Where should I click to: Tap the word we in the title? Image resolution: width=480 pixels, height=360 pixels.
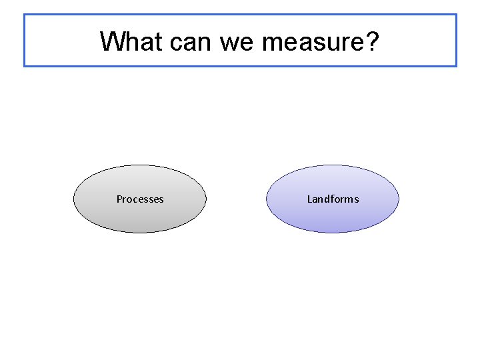237,41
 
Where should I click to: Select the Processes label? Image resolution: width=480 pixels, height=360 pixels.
140,199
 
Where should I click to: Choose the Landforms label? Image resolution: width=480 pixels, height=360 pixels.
333,199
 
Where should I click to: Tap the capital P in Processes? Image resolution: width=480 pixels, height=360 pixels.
119,199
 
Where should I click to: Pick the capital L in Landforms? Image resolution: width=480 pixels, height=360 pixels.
309,199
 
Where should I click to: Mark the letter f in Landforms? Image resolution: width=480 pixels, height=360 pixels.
331,199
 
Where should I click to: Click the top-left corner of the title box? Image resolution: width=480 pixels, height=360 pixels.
25,15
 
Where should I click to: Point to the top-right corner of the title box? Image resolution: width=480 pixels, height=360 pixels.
457,15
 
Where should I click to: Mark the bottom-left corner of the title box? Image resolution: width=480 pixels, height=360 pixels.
25,66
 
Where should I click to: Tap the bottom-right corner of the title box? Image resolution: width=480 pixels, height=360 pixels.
457,66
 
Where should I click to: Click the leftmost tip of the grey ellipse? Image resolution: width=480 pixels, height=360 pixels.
73,199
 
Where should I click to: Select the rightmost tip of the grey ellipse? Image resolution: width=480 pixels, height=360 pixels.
207,199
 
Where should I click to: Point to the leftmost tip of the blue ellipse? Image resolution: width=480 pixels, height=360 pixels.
267,199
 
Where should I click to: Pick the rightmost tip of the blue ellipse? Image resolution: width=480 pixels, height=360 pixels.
399,199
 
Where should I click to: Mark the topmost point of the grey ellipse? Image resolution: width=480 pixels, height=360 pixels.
140,165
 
